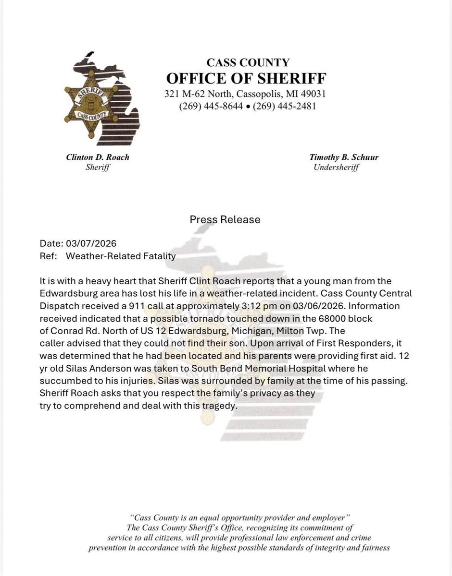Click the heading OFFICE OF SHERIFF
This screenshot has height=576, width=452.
[x=246, y=78]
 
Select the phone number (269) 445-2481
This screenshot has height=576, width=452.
[x=284, y=106]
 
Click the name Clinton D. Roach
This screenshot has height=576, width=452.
[x=98, y=157]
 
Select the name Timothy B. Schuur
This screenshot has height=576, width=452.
[x=344, y=157]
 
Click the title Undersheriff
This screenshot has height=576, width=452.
[x=336, y=167]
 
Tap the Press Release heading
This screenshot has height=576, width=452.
[x=225, y=220]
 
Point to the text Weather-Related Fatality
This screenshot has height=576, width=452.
[x=120, y=256]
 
